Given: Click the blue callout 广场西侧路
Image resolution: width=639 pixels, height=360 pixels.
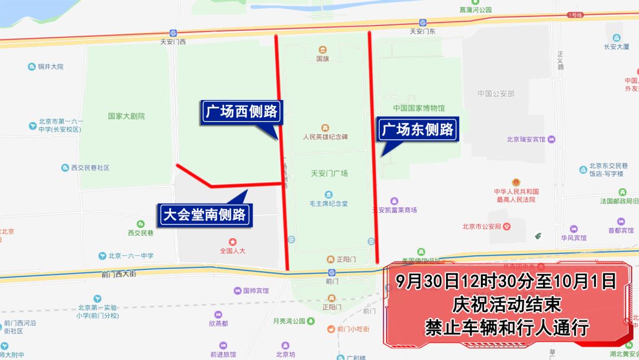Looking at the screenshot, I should coord(241,111).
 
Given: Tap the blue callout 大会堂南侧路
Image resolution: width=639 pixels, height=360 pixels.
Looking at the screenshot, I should coord(204,214).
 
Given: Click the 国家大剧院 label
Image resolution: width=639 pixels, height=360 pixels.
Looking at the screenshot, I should coord(126,117).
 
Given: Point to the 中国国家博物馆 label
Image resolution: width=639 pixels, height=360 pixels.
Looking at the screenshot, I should coord(418,108).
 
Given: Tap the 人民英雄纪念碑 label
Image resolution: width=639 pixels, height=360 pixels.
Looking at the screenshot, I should coord(325,137).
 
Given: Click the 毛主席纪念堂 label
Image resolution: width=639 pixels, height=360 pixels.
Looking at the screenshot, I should coord(328,204).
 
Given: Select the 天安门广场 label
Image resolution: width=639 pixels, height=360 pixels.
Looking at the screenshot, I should coord(329,173).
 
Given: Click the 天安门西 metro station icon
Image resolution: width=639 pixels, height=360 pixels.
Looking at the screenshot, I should coord(173,33).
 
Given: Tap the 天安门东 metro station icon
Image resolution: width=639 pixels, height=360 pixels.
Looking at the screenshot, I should coord(422,22).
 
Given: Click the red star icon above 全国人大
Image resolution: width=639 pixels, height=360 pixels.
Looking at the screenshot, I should coord(233,242).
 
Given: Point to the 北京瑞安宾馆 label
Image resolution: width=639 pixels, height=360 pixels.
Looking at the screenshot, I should coord(525,140).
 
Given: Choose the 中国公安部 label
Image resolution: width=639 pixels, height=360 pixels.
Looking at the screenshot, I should coord(496,94).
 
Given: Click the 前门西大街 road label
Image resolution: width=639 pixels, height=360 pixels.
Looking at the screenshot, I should coord(118,274).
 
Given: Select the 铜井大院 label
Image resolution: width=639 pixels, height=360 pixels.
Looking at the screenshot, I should coord(50,67).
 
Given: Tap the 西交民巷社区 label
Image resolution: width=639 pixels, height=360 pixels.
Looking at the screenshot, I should coord(90,168).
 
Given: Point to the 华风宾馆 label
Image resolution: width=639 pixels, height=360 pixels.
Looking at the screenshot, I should coord(574,237).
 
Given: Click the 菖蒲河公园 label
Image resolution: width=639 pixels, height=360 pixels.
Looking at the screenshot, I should coord(476,10).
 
